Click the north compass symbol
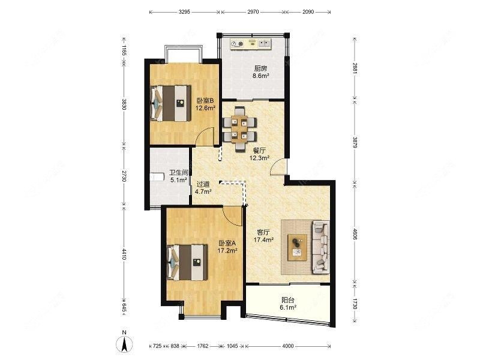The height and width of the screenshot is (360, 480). tap(124, 342)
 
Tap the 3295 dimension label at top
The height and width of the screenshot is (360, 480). tap(184, 12)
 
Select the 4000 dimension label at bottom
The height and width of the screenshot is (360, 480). tap(287, 346)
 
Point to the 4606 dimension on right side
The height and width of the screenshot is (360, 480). tap(355, 233)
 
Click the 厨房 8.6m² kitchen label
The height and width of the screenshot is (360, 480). tap(260, 72)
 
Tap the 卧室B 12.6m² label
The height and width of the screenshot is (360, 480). tap(205, 104)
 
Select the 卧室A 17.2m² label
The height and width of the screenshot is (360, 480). tap(227, 247)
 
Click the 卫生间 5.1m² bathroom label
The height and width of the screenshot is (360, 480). tap(179, 176)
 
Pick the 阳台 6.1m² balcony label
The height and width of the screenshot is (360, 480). tap(288, 304)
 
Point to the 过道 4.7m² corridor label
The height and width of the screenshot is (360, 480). tap(203, 188)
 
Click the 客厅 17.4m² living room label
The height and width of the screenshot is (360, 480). tap(263, 236)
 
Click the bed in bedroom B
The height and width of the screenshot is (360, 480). tap(170, 103)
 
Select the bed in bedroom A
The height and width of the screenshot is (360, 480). tap(187, 262)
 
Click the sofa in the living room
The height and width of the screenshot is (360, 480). tap(321, 247)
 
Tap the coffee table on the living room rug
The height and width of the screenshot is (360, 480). tap(297, 247)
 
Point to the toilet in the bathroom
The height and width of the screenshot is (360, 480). tap(157, 177)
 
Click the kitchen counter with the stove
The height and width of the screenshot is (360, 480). tap(251, 44)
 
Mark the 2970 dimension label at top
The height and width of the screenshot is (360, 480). tap(253, 12)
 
